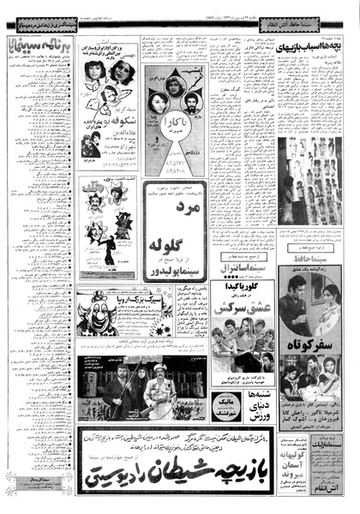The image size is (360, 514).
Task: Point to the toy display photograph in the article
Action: [309, 179]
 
